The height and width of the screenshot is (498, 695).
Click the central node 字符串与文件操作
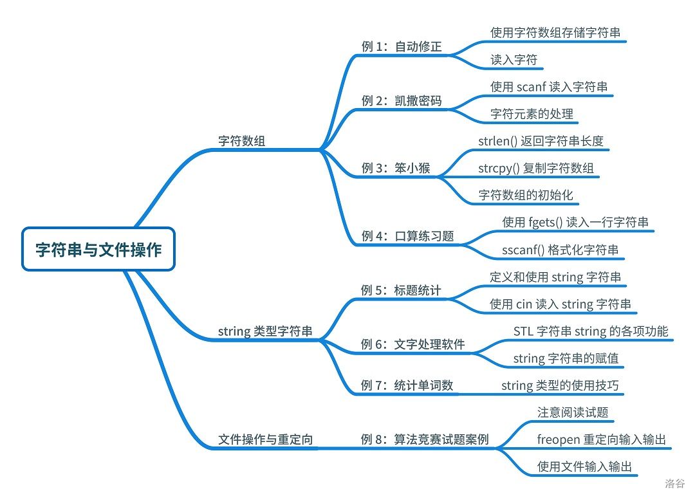(98, 249)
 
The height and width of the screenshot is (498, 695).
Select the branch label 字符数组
(241, 142)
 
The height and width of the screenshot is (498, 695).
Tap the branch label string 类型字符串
(265, 332)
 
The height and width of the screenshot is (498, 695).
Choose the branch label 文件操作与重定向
(265, 440)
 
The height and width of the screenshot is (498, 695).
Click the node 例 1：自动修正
(402, 46)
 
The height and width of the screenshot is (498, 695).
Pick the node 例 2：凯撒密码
(402, 100)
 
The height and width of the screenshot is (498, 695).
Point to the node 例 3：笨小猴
(396, 169)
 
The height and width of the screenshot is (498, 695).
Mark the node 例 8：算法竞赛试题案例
(425, 440)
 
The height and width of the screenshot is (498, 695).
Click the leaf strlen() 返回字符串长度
(541, 141)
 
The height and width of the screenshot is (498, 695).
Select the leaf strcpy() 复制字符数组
(536, 169)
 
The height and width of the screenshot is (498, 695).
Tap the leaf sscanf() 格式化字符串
(561, 250)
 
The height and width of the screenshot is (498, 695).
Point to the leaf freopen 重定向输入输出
(601, 440)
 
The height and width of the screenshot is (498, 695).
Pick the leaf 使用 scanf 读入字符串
(549, 87)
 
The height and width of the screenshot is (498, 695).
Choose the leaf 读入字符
(514, 60)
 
